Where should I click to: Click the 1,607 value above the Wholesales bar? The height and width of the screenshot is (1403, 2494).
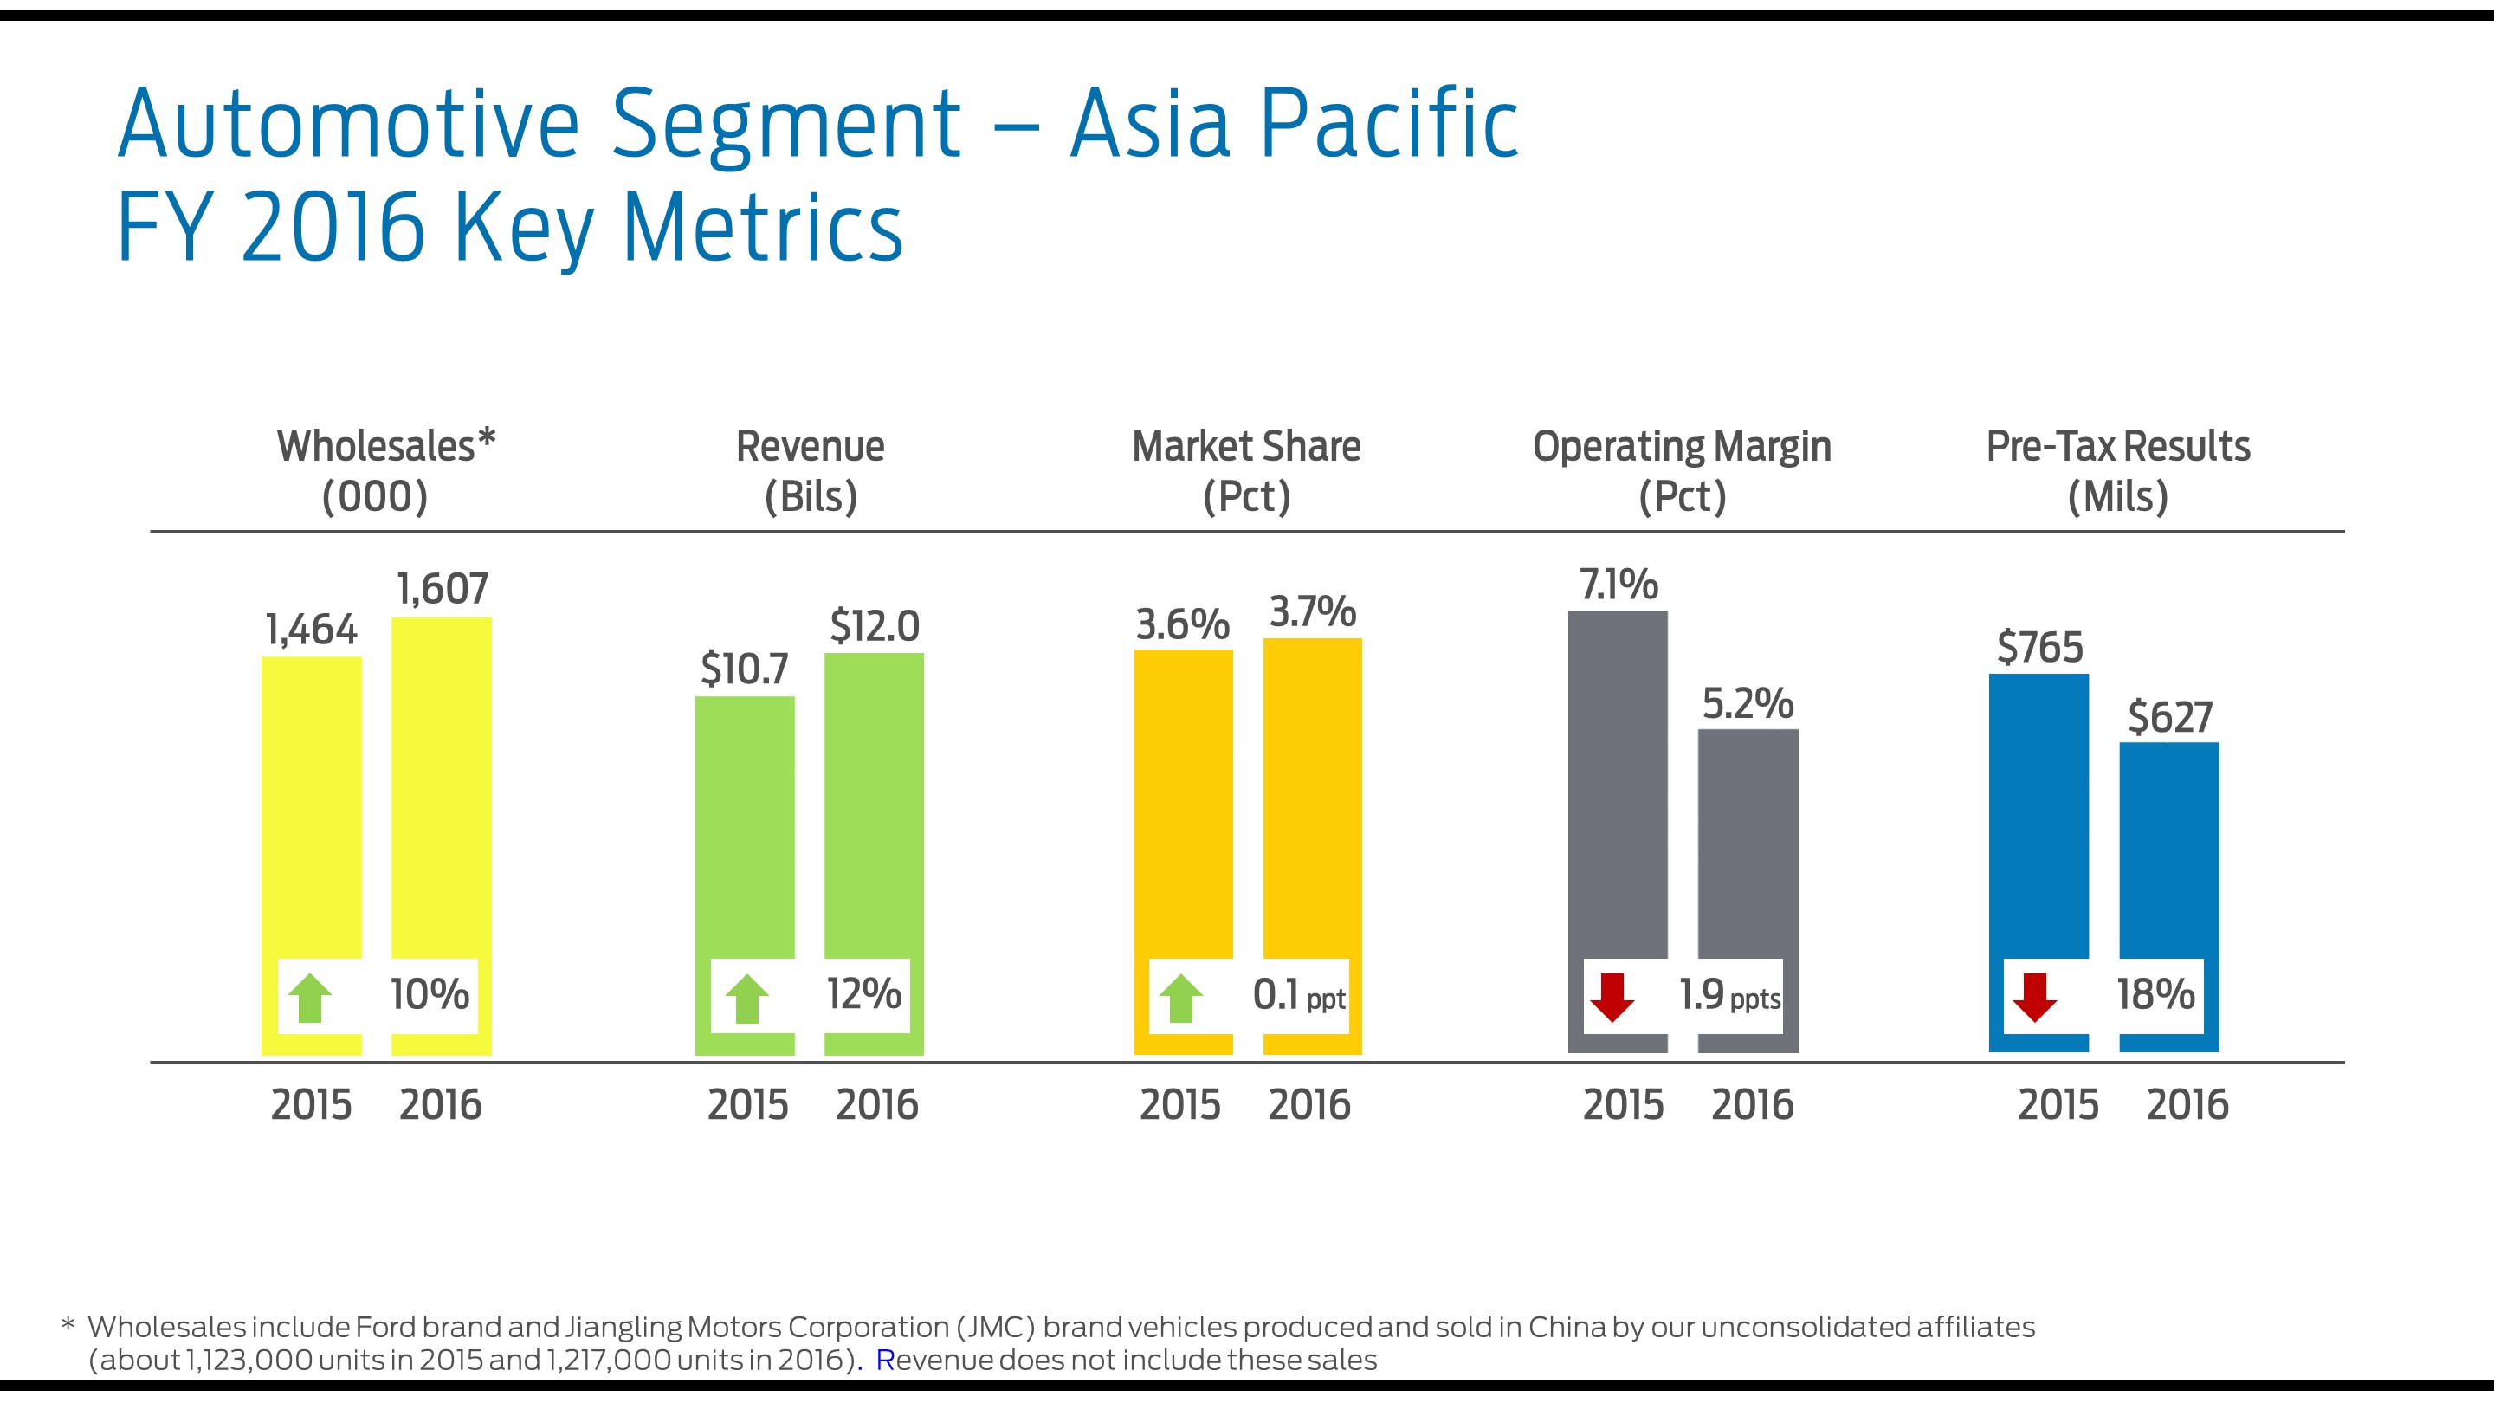pos(443,589)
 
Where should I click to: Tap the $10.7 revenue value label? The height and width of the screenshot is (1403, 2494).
pos(745,669)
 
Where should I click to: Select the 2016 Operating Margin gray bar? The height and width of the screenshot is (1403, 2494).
pos(1748,843)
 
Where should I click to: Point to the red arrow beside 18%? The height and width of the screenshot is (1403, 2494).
pos(2034,998)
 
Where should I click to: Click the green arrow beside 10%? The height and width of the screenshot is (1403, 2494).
pos(310,999)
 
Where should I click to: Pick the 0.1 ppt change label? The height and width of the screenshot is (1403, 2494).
pos(1298,995)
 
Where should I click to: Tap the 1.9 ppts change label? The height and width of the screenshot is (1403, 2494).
pos(1729,995)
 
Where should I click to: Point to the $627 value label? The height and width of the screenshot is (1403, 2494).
pos(2169,717)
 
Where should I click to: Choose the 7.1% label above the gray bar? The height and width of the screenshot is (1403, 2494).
pos(1618,585)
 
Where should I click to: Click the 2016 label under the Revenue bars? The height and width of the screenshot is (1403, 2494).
pos(876,1105)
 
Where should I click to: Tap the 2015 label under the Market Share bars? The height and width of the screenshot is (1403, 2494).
pos(1179,1105)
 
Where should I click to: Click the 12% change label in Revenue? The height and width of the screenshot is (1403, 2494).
pos(863,994)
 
